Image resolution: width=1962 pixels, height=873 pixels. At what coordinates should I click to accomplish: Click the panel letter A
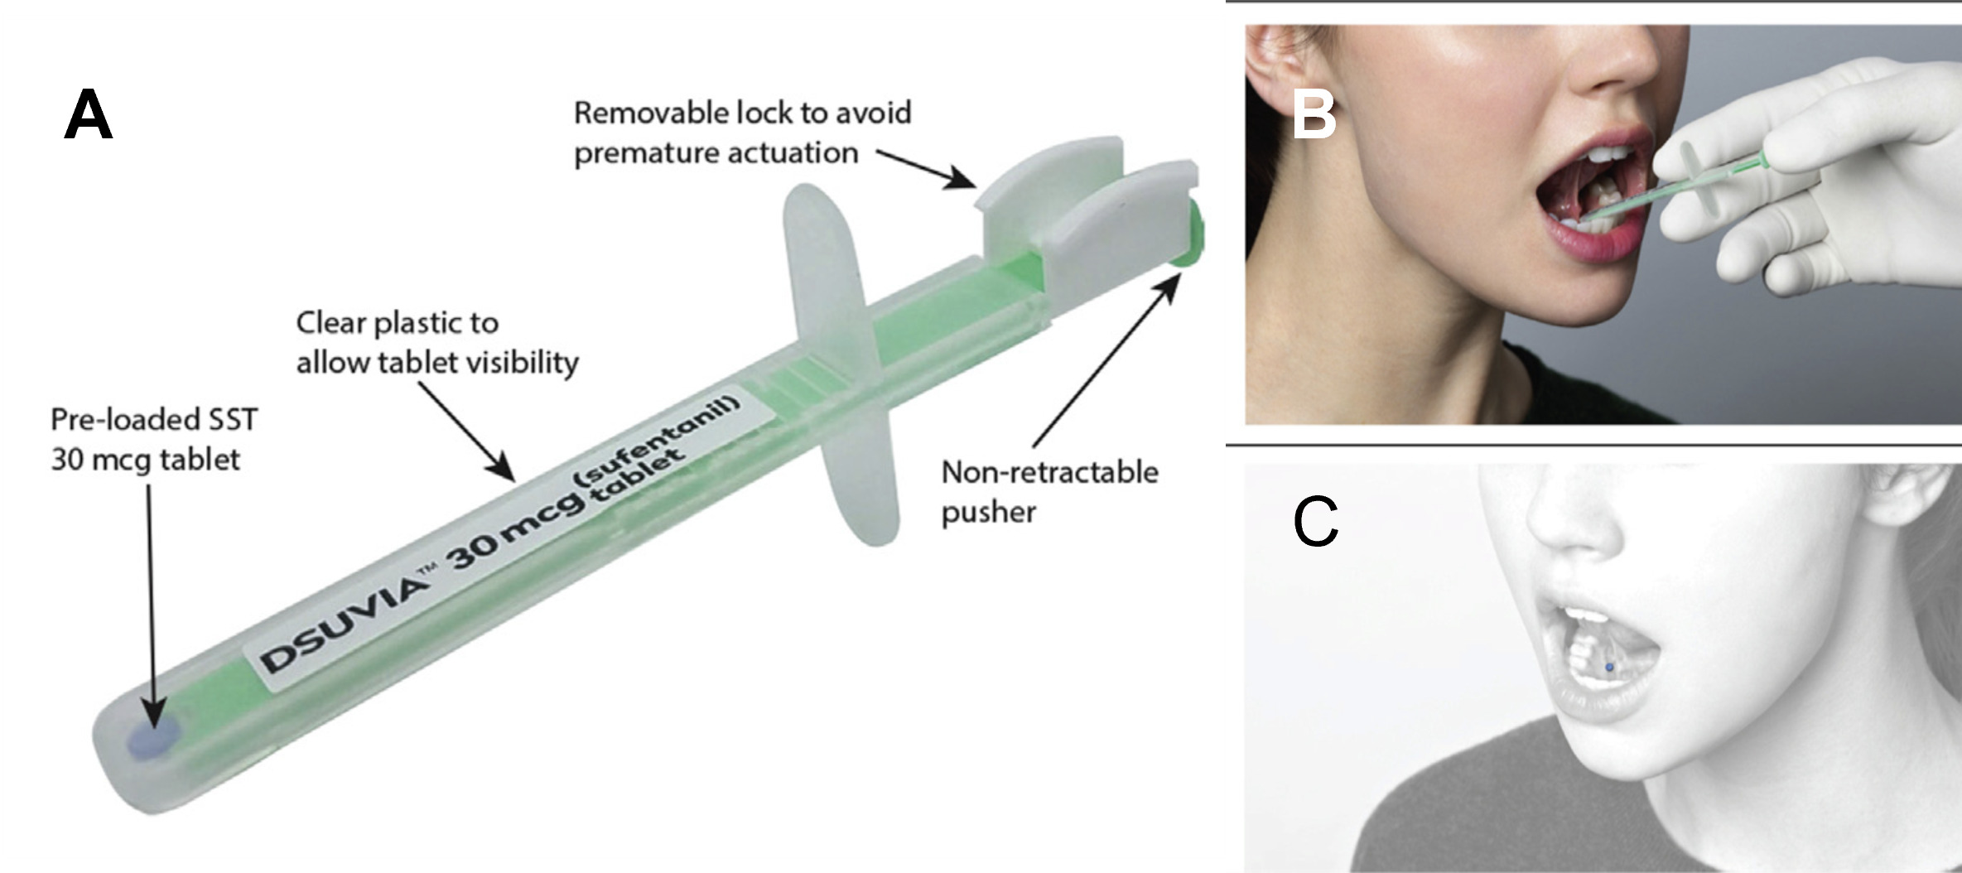[x=88, y=116]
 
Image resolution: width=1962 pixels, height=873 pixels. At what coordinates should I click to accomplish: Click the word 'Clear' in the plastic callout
[x=331, y=323]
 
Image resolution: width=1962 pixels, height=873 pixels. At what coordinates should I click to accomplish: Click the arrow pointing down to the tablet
[x=151, y=605]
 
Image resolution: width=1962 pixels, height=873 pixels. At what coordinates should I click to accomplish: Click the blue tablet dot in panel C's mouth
[x=1609, y=667]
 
